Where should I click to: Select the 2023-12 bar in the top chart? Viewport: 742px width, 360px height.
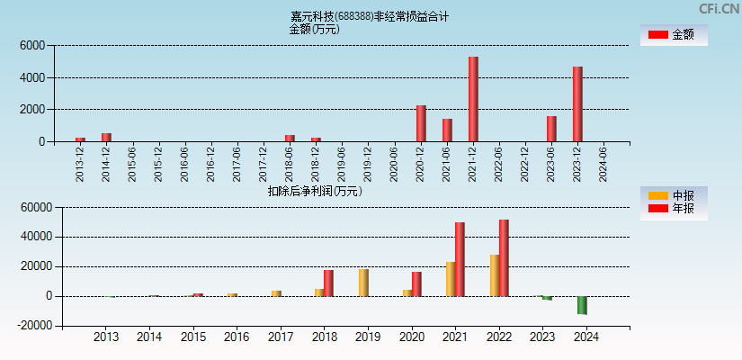tap(577, 103)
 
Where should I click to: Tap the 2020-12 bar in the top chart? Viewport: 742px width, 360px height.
tap(421, 123)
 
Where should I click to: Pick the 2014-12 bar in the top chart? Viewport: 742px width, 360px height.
tap(106, 137)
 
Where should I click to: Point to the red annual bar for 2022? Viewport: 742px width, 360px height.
tap(504, 257)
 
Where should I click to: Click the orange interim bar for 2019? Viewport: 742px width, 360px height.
tap(363, 283)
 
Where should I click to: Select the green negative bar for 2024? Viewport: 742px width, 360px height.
tap(582, 305)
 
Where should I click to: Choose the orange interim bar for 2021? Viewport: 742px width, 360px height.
tap(451, 279)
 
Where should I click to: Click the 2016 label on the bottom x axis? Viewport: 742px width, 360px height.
tap(237, 337)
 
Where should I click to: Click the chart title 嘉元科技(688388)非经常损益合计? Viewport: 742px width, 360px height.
tap(370, 16)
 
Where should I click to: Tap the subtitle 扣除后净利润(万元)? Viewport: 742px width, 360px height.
tap(315, 191)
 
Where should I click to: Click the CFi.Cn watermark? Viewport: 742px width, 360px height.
tap(720, 8)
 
